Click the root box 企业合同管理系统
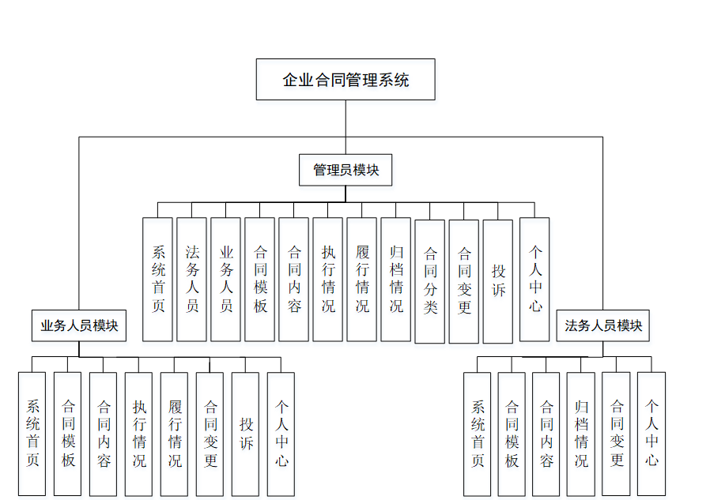coord(346,79)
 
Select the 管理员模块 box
coord(346,170)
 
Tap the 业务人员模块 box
coord(79,325)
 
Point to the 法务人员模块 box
coord(602,325)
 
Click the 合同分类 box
coord(429,280)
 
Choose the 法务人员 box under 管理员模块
coord(191,279)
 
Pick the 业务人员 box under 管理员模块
coord(225,279)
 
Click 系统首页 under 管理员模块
coord(157,279)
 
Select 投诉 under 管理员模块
coord(497,281)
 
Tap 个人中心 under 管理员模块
coord(534,279)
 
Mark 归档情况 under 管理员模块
coord(395,279)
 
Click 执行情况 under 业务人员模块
coord(138,434)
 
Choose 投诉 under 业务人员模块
coord(246,434)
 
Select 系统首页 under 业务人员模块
coord(32,434)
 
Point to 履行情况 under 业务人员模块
coord(174,434)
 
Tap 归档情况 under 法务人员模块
coord(580,434)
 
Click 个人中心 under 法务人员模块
coord(651,434)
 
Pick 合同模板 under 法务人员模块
coord(512,434)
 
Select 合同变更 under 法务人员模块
coord(616,434)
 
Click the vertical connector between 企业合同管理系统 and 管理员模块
coord(346,126)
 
